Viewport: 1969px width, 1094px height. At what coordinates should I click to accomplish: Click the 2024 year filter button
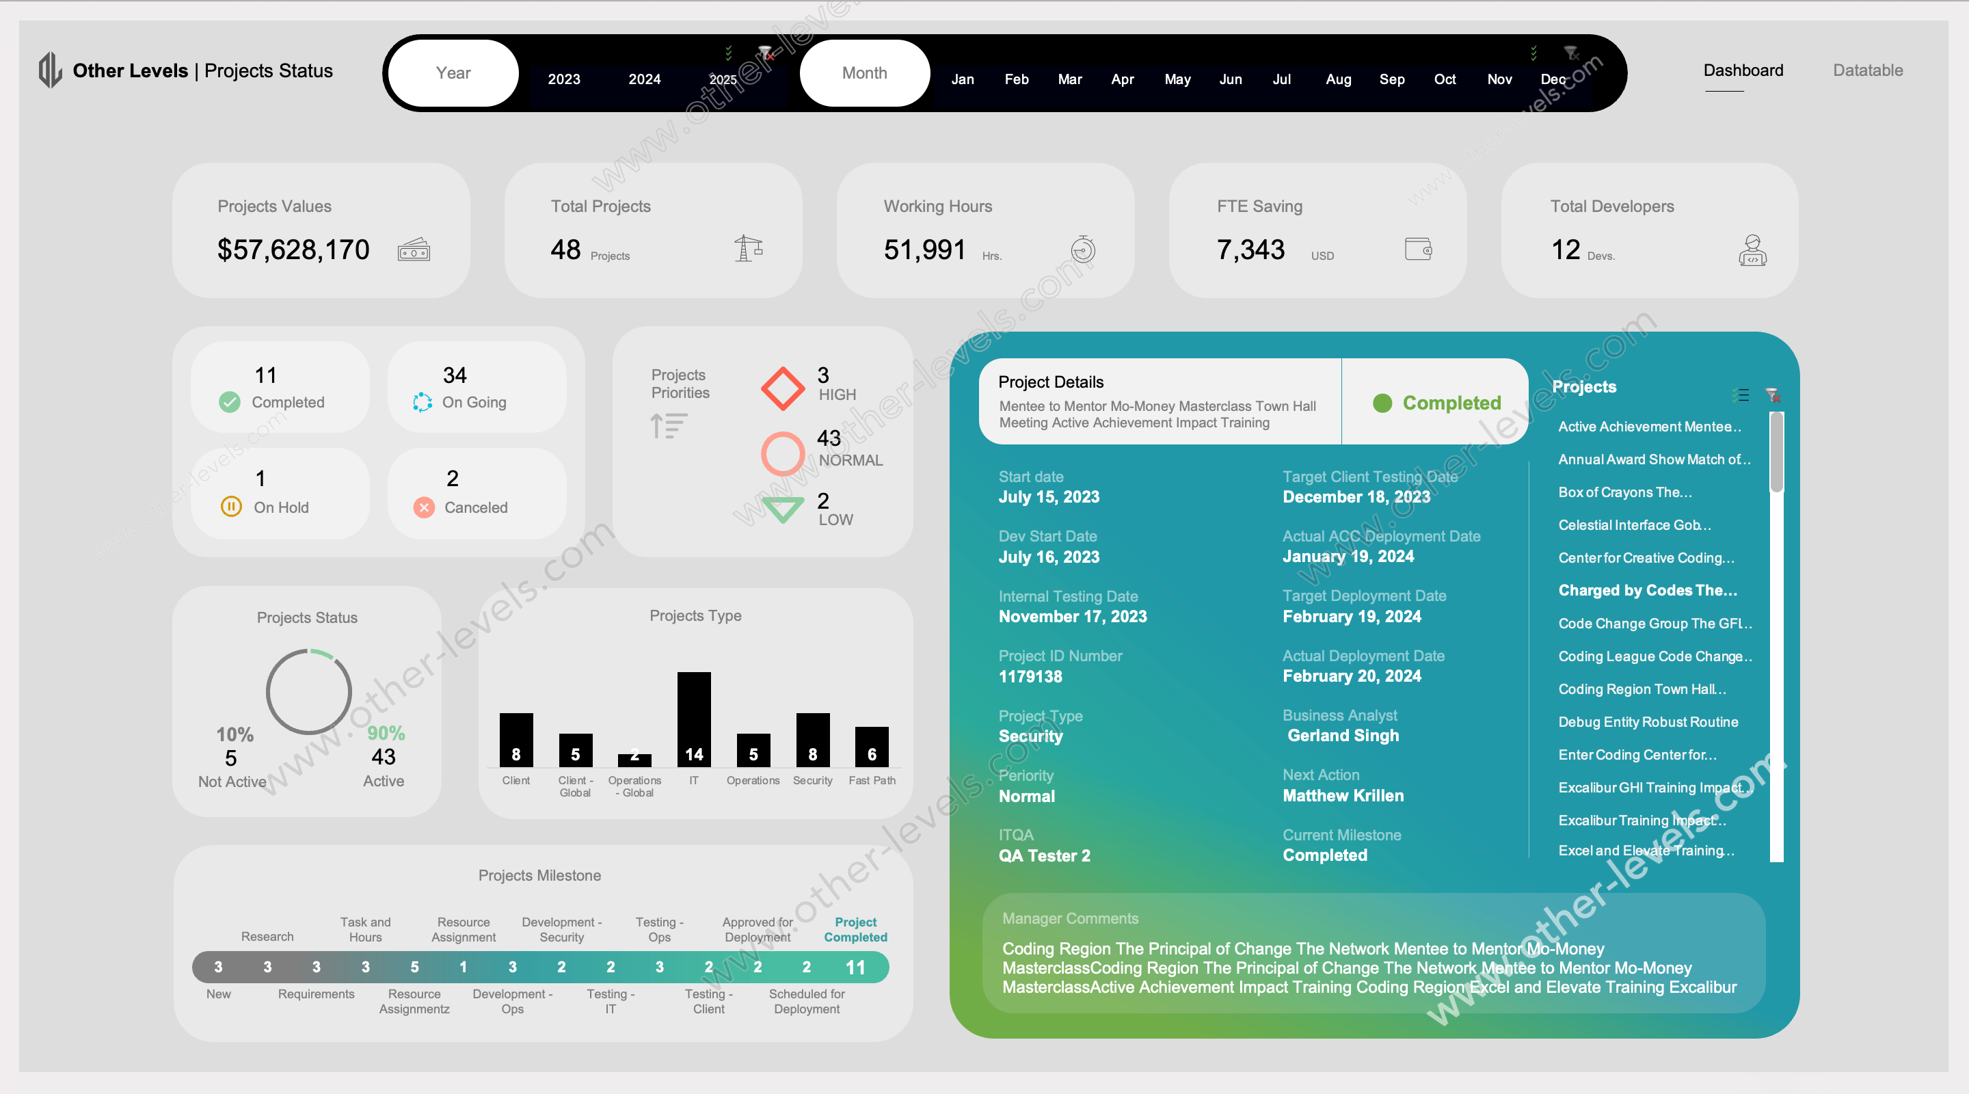644,79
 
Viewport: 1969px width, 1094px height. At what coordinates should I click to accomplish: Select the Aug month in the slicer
1338,79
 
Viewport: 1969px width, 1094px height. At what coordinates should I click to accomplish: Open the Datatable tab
1867,70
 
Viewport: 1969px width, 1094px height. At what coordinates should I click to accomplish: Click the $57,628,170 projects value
293,250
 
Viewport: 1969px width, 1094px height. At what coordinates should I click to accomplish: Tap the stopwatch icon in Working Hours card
1082,250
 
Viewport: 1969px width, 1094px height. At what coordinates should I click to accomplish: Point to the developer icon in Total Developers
1752,250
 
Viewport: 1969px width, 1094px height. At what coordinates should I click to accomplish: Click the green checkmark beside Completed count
229,402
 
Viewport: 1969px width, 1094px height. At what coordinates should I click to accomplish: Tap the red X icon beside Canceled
423,507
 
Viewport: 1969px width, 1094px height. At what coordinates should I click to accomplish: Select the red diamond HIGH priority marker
782,388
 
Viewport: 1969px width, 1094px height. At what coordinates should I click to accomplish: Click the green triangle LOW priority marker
782,509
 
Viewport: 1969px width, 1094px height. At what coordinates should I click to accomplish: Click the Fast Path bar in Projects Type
872,746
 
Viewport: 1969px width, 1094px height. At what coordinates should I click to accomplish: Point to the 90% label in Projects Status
386,733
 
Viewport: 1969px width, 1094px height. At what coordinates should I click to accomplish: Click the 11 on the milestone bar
855,967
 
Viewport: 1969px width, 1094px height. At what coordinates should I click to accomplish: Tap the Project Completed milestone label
855,930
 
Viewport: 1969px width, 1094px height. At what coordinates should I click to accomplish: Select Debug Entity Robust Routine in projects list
1648,721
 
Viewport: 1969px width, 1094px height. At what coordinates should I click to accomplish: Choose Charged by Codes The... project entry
1647,590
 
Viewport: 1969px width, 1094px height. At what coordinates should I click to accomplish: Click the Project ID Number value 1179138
1030,677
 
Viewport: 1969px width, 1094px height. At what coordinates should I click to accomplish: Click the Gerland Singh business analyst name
1343,736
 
